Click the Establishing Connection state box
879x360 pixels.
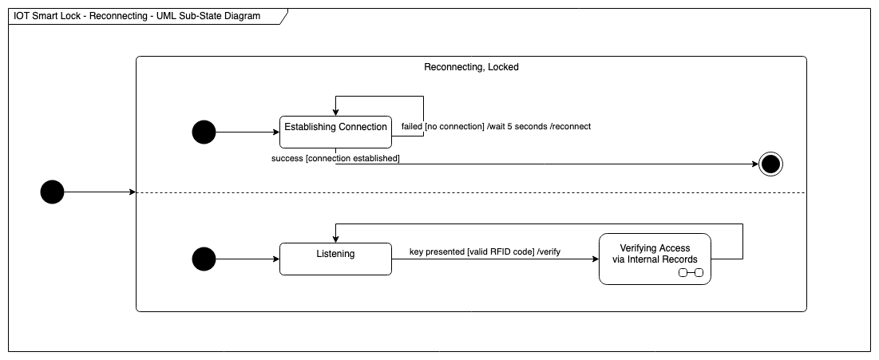point(335,132)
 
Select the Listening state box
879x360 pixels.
point(335,259)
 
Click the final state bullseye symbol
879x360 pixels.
point(770,164)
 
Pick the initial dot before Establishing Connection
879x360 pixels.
point(204,132)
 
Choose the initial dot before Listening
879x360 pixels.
point(204,259)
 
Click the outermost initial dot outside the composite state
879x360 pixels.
point(52,192)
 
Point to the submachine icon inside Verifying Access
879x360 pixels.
point(691,273)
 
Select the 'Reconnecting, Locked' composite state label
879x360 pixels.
point(471,67)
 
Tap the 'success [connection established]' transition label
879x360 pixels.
point(336,159)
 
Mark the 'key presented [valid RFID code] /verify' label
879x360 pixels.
point(485,251)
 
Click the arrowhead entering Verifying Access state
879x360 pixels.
point(595,259)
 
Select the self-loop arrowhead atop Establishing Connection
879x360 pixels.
point(335,113)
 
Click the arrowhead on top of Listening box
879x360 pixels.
point(335,239)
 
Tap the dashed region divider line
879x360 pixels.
point(471,192)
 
